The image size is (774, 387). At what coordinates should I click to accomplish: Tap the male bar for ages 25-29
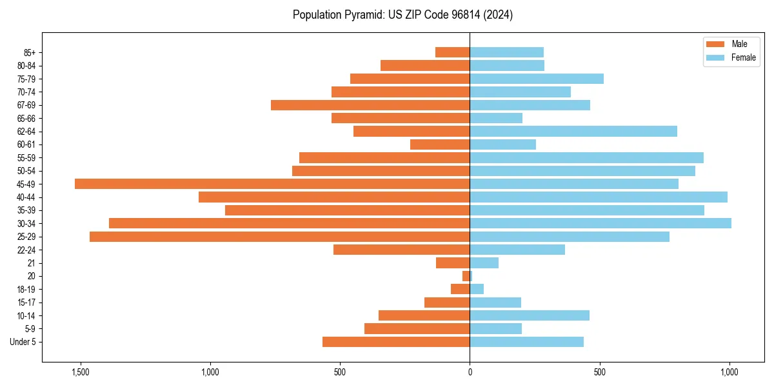click(279, 237)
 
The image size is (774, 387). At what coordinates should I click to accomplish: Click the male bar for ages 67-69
click(370, 105)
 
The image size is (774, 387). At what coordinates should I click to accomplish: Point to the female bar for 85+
click(506, 52)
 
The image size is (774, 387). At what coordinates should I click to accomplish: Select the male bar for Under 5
click(396, 342)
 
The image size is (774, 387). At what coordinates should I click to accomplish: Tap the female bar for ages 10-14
click(530, 315)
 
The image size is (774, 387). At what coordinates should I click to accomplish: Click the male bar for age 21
click(453, 263)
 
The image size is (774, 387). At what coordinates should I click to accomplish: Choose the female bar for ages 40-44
click(599, 197)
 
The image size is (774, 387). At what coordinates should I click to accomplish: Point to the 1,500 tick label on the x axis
click(81, 373)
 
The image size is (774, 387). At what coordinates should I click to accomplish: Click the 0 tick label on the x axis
click(470, 373)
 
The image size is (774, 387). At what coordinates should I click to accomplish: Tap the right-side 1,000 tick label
click(729, 373)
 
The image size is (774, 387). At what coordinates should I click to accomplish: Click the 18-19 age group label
click(26, 290)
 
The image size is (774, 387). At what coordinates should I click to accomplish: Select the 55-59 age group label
click(26, 158)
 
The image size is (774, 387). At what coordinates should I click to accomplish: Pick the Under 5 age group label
click(23, 342)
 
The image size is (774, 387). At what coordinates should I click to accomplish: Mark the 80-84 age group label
click(26, 66)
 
